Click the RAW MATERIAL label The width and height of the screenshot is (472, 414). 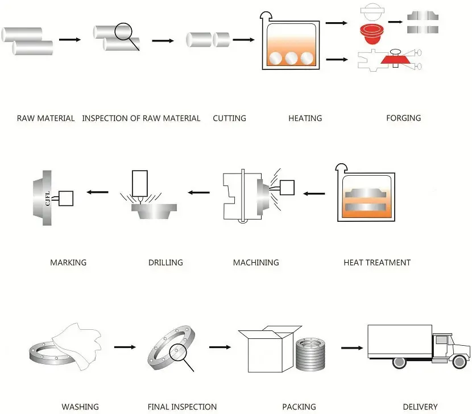point(45,118)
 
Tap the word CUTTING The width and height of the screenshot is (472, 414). point(229,118)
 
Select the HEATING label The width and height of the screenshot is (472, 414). point(305,118)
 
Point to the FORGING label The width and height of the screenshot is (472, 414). point(403,118)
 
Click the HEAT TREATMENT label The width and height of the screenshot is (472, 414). point(377,263)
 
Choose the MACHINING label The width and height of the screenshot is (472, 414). point(256,263)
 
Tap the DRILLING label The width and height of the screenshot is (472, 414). point(165,263)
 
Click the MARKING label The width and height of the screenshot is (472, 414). point(68,263)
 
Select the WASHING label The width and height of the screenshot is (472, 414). point(80,407)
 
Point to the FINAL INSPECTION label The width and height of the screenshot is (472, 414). point(182,407)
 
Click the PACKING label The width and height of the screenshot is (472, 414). point(299,407)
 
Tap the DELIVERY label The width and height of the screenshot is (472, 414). point(420,407)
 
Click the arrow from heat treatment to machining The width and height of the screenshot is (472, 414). point(313,193)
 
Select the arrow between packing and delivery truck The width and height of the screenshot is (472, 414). point(352,347)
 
